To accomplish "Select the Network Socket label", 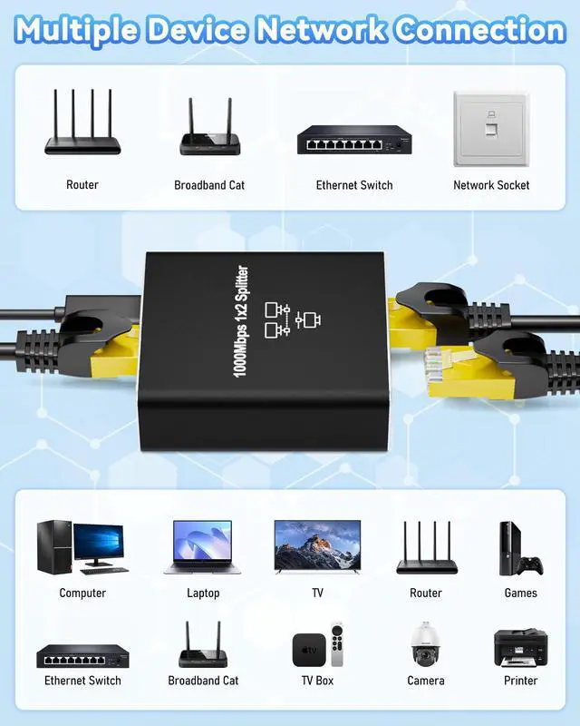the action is [x=491, y=185].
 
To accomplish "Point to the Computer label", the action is [x=82, y=594].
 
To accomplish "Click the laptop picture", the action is [x=203, y=547].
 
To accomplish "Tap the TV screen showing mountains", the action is [x=317, y=544].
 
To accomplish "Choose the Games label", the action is [x=520, y=594].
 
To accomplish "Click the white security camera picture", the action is [x=424, y=644].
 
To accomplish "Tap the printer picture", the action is [x=520, y=646].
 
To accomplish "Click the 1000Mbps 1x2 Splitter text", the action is [x=242, y=322].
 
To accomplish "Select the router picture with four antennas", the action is [x=84, y=123].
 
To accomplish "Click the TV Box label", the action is [x=317, y=681].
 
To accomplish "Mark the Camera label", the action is [x=426, y=681].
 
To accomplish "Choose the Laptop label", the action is [x=203, y=594].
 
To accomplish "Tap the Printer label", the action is [x=520, y=681].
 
